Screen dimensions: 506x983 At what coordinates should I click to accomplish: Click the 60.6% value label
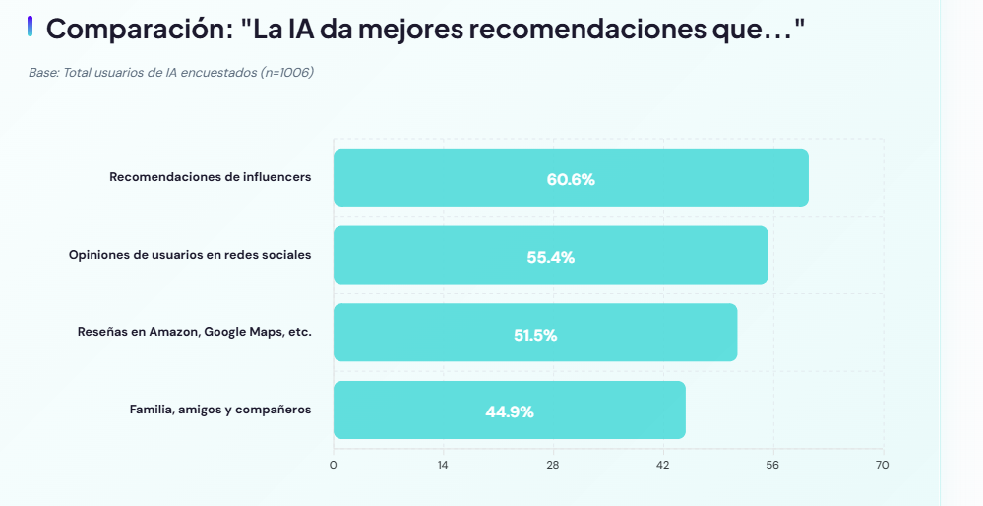coord(571,179)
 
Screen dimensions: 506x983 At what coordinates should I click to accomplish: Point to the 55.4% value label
coord(550,257)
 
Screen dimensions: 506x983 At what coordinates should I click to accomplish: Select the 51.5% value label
coord(535,335)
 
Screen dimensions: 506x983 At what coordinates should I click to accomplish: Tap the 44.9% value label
coord(510,411)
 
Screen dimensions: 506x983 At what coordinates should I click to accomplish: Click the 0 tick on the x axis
coord(334,465)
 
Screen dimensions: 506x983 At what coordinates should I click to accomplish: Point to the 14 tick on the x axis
coord(443,465)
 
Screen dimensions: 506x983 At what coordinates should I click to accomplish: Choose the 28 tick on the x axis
coord(553,465)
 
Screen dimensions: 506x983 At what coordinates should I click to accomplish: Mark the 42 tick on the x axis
coord(663,465)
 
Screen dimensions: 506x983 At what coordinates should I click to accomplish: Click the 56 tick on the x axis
coord(772,465)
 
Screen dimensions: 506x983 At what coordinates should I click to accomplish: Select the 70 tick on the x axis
coord(883,465)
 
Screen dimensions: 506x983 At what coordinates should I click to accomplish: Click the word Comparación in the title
coord(138,30)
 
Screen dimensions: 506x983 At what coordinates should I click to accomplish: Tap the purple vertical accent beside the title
coord(31,27)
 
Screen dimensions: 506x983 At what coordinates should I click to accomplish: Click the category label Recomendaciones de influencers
coord(210,177)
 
